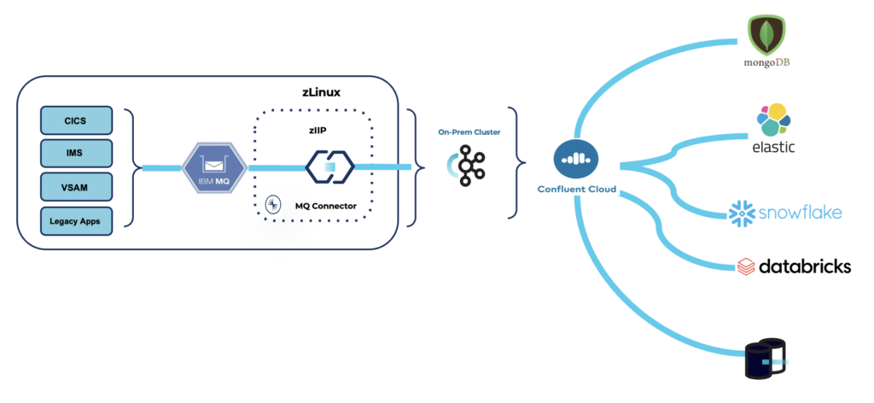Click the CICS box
[76, 120]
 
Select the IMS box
[76, 154]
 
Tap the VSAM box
[76, 187]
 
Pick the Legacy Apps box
[76, 220]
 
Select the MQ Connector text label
[325, 206]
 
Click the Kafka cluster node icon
[467, 165]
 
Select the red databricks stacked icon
[745, 266]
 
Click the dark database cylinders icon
[764, 360]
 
